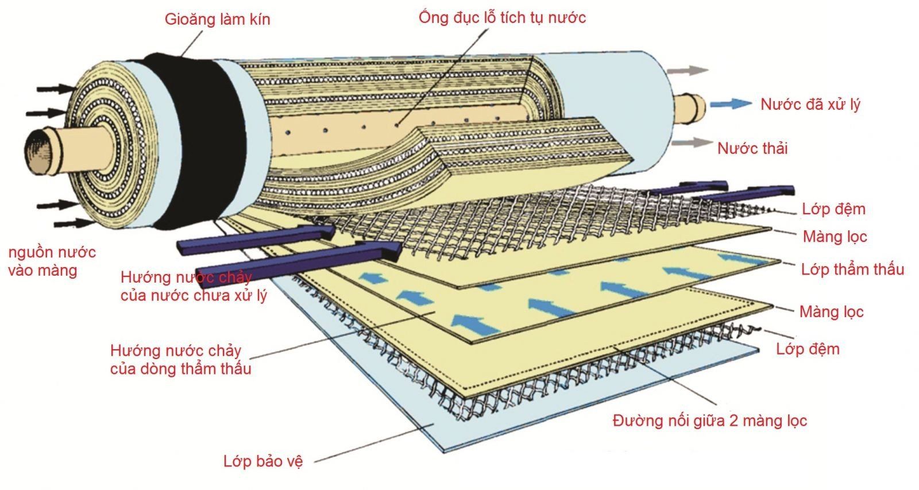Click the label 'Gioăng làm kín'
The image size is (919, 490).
(x=217, y=19)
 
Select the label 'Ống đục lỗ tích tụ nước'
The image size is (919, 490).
(x=502, y=17)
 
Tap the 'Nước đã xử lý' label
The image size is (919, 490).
(x=810, y=105)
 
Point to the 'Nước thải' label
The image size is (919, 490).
(x=752, y=148)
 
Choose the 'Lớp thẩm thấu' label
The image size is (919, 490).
(x=852, y=269)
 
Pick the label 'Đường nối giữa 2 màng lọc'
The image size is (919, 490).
(x=709, y=420)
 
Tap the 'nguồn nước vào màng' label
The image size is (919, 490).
(x=52, y=261)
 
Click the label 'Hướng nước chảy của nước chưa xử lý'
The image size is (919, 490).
(x=193, y=286)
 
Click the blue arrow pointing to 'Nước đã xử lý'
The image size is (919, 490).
(x=730, y=104)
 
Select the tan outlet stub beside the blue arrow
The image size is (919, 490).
(x=690, y=109)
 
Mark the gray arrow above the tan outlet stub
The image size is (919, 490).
(x=687, y=71)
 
